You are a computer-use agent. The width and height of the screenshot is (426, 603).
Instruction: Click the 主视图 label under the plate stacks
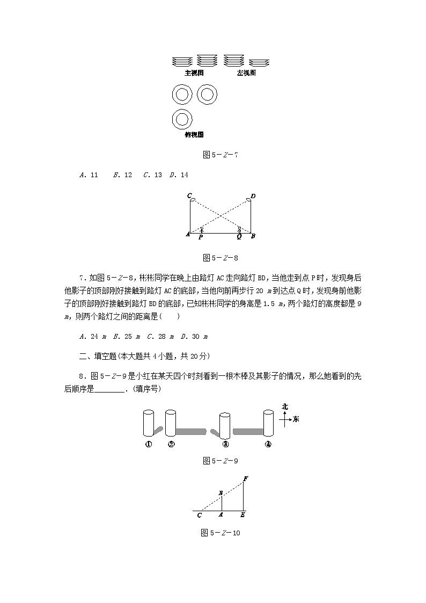(x=194, y=73)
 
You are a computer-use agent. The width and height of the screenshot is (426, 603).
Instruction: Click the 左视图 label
(x=246, y=73)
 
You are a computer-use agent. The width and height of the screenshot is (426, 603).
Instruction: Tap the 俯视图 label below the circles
(x=194, y=135)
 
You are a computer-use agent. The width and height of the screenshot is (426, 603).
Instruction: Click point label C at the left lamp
(x=189, y=195)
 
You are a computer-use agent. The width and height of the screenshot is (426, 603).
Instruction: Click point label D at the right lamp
(x=253, y=196)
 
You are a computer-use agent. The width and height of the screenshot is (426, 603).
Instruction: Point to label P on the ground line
(x=200, y=237)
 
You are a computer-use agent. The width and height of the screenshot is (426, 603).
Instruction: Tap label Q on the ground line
(x=239, y=237)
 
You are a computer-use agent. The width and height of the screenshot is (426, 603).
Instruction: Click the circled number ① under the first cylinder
(x=149, y=444)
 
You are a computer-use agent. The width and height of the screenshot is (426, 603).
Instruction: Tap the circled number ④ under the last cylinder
(x=268, y=444)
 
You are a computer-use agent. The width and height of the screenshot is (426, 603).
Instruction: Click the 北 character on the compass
(x=285, y=406)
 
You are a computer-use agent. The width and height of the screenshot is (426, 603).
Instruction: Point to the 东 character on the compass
(x=296, y=419)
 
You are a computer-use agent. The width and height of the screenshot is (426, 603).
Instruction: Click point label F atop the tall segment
(x=245, y=478)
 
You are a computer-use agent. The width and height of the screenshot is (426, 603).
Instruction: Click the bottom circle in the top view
(x=182, y=119)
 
